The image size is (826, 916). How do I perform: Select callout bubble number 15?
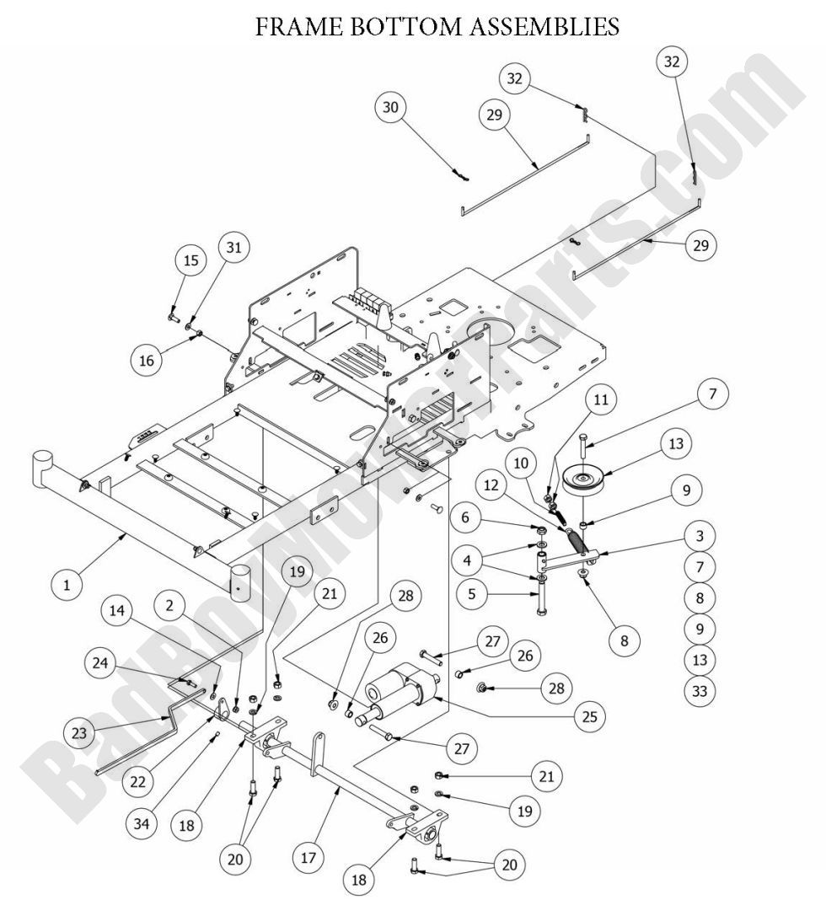192,260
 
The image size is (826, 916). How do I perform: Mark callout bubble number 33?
700,691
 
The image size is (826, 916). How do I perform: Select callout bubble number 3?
700,535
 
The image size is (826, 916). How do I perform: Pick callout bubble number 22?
137,781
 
